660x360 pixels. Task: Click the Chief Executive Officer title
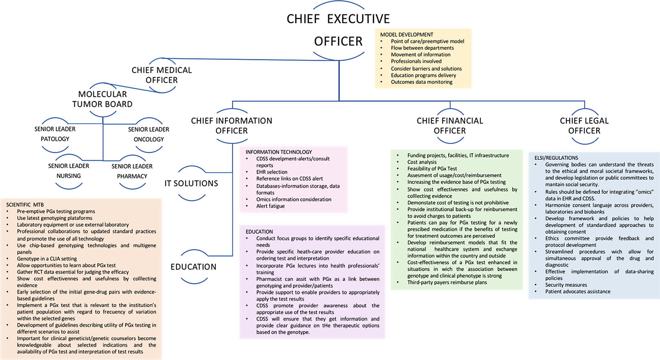tap(338, 30)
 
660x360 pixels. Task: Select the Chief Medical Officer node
tap(161, 75)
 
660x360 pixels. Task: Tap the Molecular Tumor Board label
tap(102, 99)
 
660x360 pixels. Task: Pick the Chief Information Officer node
tap(231, 126)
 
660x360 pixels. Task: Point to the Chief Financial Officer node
tap(450, 126)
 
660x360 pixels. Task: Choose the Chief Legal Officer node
tap(584, 126)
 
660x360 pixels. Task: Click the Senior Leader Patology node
tap(55, 134)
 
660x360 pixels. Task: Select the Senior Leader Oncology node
tap(148, 134)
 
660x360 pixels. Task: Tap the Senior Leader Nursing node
tap(68, 171)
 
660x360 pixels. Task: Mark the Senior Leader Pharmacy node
tap(132, 171)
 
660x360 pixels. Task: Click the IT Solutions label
tap(191, 183)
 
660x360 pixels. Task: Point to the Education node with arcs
tap(193, 267)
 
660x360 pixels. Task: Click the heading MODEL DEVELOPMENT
tap(407, 35)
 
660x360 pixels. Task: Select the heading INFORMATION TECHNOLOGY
tap(279, 152)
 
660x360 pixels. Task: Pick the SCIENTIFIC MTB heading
tap(25, 205)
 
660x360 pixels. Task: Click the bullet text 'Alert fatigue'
tap(270, 206)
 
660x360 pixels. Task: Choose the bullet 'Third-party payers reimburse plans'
tap(447, 282)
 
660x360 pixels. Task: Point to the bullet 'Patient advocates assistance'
tap(578, 292)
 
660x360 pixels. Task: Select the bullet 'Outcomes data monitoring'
tap(422, 82)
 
